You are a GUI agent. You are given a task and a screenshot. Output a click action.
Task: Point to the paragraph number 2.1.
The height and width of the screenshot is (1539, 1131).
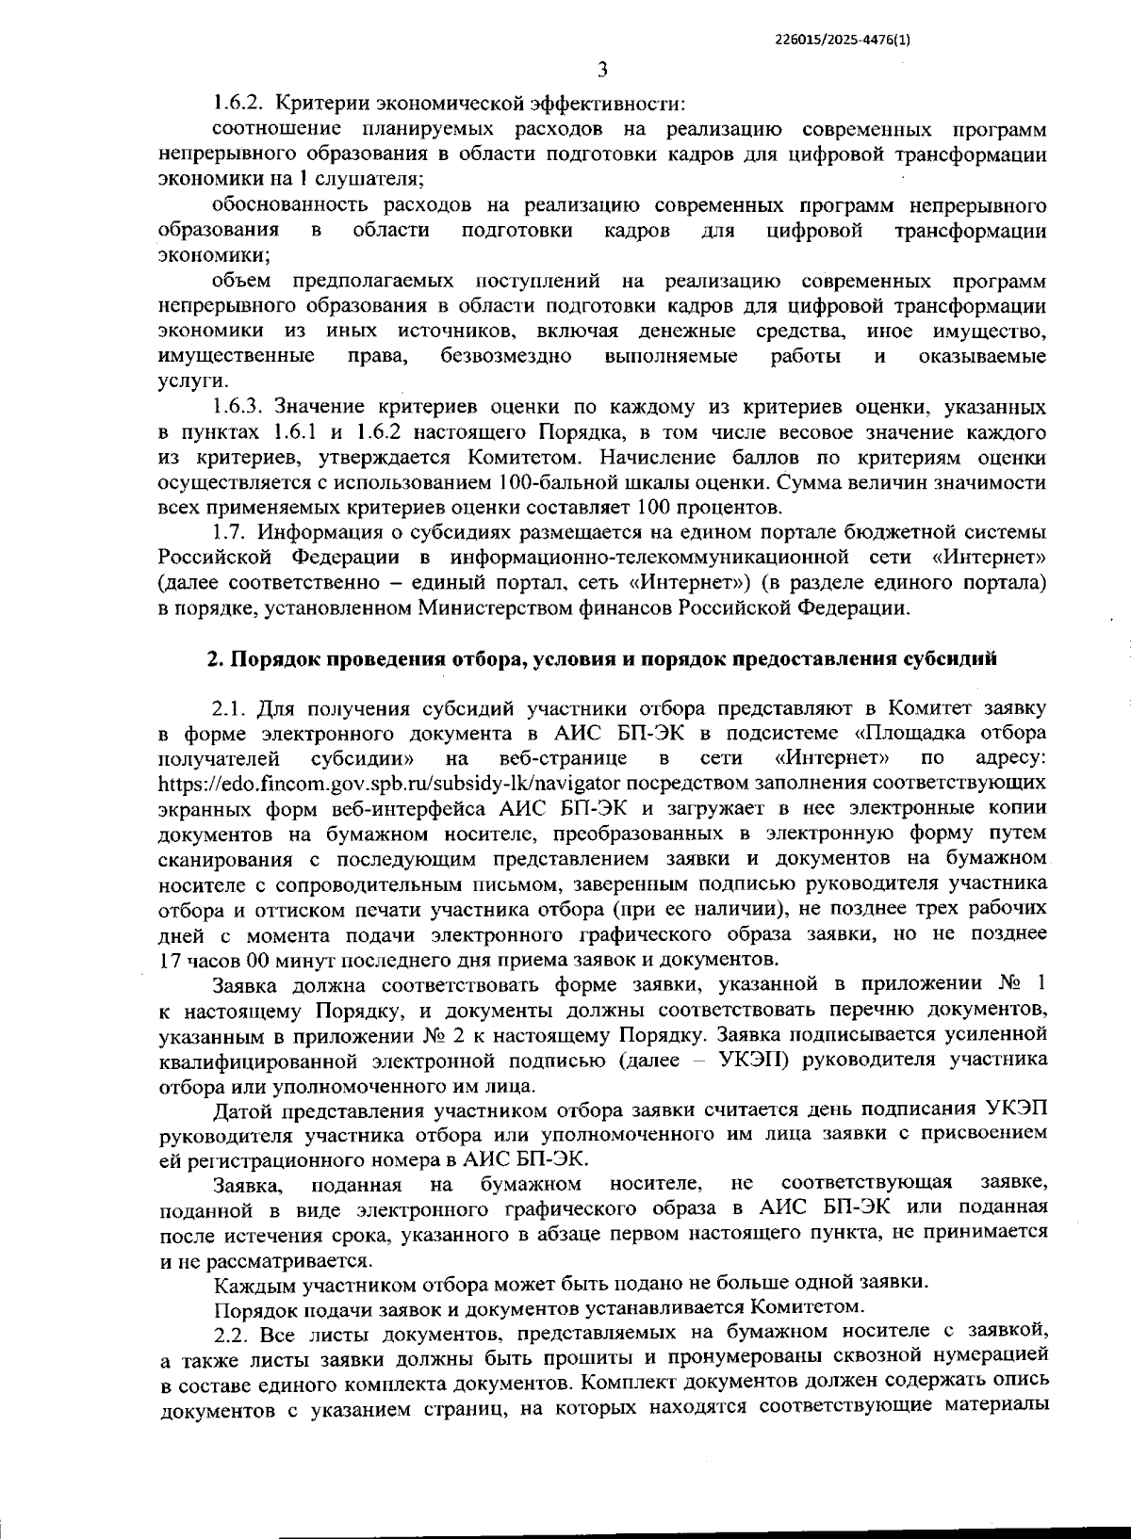point(230,706)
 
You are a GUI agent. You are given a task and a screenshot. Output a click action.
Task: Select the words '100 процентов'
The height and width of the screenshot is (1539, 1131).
point(710,509)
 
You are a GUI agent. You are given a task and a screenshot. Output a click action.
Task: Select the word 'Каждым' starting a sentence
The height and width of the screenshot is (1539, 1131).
point(246,1284)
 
